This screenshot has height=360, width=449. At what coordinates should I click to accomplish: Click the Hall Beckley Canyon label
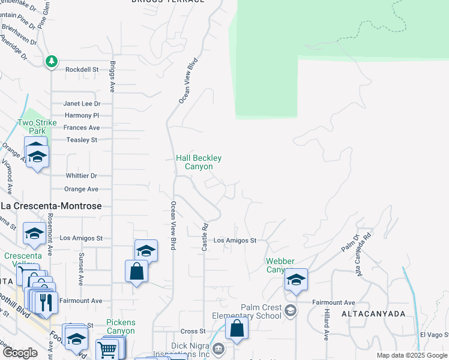coord(199,162)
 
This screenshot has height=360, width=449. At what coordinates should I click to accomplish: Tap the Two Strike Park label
coord(37,127)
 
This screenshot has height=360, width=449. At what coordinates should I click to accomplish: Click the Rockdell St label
coord(82,70)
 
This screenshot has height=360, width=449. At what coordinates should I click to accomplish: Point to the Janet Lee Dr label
coord(82,103)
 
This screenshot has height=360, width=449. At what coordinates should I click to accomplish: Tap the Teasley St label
coord(82,140)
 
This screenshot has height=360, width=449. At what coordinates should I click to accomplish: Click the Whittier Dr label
coord(80,176)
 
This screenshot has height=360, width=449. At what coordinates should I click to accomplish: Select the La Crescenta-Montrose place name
coord(51,206)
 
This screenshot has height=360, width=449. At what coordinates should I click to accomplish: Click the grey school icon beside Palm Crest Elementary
coord(291,310)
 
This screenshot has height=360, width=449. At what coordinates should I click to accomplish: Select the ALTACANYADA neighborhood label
coord(373,314)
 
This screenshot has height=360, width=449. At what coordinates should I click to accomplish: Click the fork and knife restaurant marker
coord(47,301)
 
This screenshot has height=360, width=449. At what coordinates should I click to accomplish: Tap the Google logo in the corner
coord(20,353)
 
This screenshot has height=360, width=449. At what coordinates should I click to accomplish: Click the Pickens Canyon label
coord(121,326)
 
